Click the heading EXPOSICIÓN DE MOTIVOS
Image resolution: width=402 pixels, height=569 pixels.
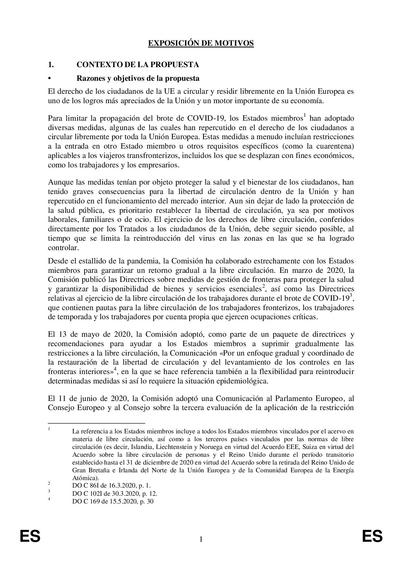(201, 43)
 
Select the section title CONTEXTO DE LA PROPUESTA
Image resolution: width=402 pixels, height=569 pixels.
(137, 65)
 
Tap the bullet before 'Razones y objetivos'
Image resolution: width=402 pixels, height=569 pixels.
(50, 79)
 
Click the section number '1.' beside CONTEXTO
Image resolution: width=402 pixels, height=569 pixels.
(51, 65)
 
